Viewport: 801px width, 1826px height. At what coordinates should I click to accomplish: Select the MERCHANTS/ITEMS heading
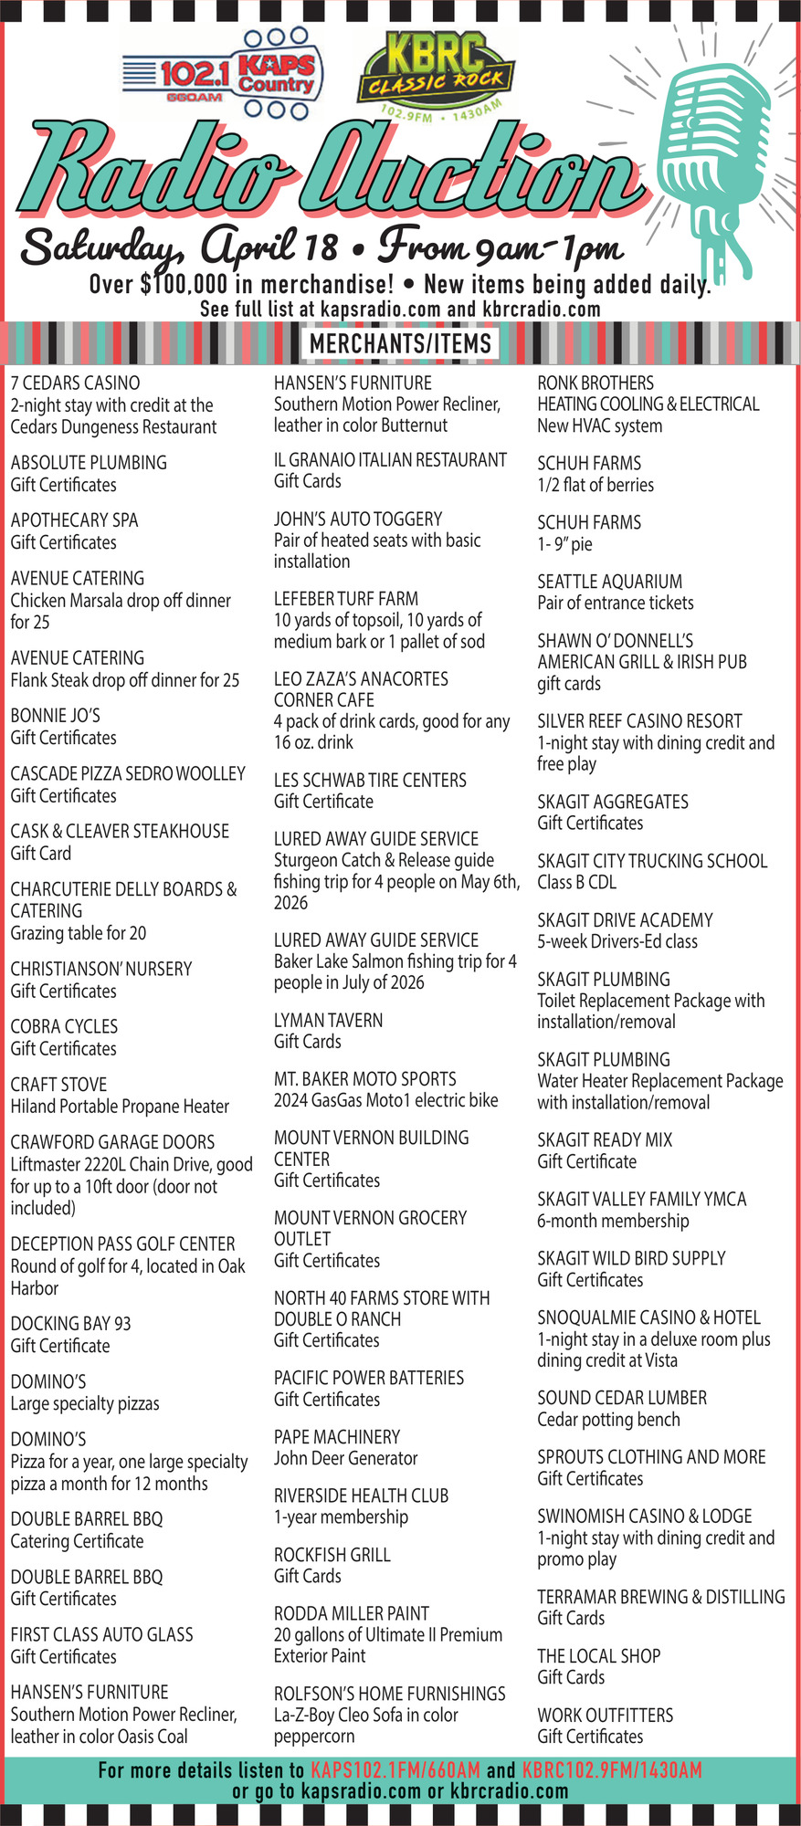(x=400, y=343)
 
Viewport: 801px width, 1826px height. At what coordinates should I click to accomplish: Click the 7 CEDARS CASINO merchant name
(x=75, y=383)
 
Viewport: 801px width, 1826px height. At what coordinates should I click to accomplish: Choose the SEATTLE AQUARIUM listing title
(x=609, y=582)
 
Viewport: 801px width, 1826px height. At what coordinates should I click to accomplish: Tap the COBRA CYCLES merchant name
(x=64, y=1026)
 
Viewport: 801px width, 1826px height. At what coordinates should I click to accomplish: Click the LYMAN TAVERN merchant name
(x=328, y=1020)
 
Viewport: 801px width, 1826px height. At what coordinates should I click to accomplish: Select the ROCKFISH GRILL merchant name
(x=332, y=1555)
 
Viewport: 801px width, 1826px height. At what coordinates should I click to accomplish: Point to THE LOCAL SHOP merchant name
(x=598, y=1655)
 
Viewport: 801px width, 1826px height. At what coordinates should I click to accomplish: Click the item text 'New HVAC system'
(x=599, y=425)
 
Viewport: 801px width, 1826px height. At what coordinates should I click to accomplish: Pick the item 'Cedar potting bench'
(x=608, y=1420)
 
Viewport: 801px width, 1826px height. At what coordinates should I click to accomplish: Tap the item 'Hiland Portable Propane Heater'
(x=120, y=1107)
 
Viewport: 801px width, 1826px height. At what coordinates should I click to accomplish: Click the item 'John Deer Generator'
(x=345, y=1458)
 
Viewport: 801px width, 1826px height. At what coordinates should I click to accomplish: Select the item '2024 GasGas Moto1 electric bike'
(x=385, y=1100)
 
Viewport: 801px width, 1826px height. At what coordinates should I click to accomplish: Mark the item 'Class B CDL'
(x=576, y=882)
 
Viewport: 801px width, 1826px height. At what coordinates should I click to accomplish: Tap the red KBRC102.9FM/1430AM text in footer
(x=612, y=1770)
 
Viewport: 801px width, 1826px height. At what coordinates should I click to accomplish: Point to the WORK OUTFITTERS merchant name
(x=605, y=1715)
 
